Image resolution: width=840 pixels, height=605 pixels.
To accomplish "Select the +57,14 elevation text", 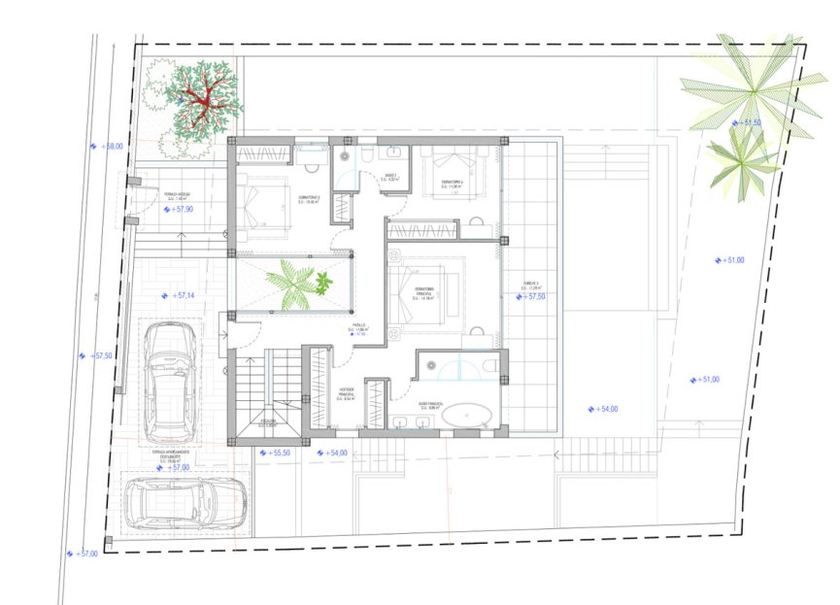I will tap(181, 295).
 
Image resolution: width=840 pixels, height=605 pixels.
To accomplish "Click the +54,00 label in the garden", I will tap(604, 410).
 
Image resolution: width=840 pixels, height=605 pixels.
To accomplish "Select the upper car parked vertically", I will tap(171, 380).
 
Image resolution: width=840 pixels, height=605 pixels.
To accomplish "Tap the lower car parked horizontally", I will tap(186, 503).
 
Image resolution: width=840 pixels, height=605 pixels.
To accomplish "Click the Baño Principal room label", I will tap(431, 405).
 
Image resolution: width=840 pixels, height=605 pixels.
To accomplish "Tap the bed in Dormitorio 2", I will tap(261, 201).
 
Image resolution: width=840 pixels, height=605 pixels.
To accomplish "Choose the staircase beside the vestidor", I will tap(272, 388).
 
